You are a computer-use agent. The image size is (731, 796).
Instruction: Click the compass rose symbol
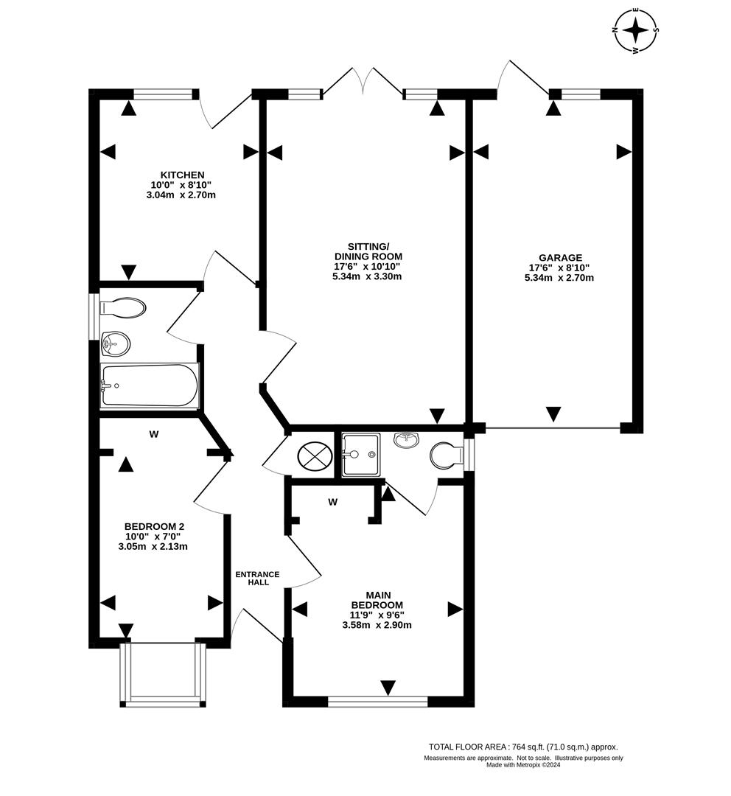pyautogui.click(x=635, y=31)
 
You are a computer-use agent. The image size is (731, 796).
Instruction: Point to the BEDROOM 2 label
pyautogui.click(x=153, y=526)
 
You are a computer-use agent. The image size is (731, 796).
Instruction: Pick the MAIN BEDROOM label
pyautogui.click(x=377, y=599)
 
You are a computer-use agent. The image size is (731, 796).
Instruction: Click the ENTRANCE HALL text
pyautogui.click(x=257, y=578)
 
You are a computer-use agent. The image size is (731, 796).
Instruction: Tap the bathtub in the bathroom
pyautogui.click(x=150, y=385)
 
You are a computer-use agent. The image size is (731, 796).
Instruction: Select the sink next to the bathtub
pyautogui.click(x=115, y=343)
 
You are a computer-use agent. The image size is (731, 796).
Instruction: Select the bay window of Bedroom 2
pyautogui.click(x=161, y=674)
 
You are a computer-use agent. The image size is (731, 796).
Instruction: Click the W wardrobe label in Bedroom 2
pyautogui.click(x=153, y=434)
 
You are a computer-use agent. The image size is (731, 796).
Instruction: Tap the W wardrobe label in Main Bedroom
pyautogui.click(x=332, y=502)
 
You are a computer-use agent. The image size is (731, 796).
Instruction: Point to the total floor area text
pyautogui.click(x=523, y=747)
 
